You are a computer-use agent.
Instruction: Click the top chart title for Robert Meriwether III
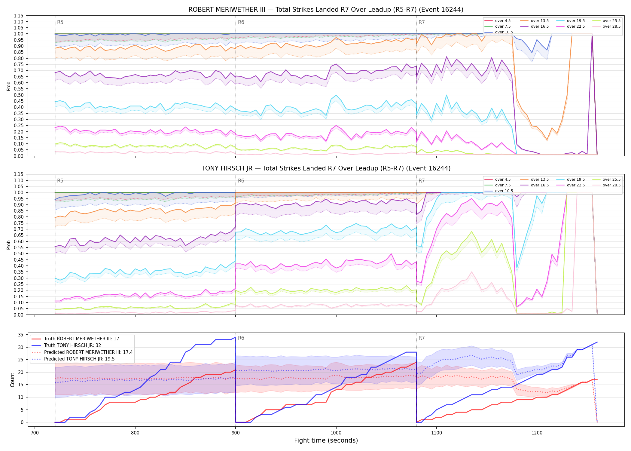[326, 10]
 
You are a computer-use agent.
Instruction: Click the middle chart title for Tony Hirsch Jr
[326, 168]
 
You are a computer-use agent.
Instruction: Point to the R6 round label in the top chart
[241, 22]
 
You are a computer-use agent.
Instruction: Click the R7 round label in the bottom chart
[422, 338]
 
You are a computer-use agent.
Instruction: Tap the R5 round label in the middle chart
[60, 181]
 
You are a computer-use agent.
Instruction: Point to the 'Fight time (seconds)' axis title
[326, 440]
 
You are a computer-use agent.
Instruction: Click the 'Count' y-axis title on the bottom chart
[12, 380]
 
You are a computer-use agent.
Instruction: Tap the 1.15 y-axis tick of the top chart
[18, 16]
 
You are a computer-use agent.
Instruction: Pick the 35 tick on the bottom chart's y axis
[21, 335]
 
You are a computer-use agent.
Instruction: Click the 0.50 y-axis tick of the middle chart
[18, 253]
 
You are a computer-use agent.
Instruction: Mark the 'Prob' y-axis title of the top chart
[9, 86]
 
